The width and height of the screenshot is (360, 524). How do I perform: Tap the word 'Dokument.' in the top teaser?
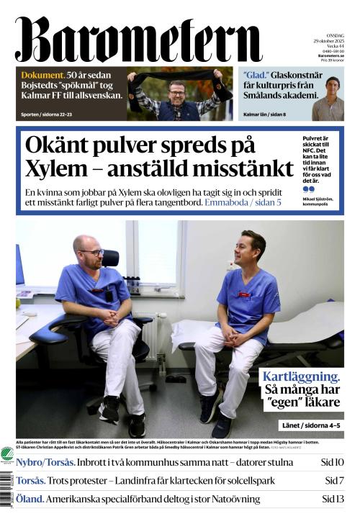pyautogui.click(x=42, y=76)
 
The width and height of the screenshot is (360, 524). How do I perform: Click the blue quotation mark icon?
pyautogui.click(x=308, y=189)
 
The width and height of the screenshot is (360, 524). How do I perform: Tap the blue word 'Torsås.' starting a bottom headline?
pyautogui.click(x=31, y=480)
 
